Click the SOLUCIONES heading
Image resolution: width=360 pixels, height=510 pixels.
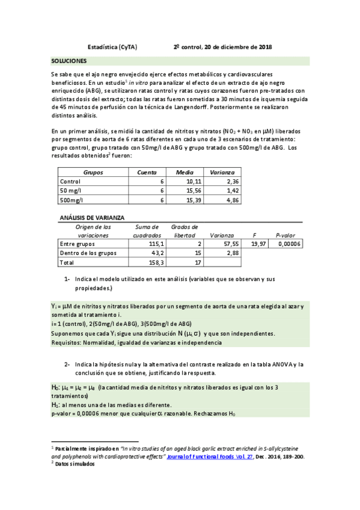[69, 61]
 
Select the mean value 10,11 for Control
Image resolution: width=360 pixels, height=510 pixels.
[193, 180]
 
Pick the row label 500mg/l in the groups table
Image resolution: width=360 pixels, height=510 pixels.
[72, 200]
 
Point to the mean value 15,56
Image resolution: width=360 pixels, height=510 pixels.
[193, 190]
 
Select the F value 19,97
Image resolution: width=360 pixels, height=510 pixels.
[259, 244]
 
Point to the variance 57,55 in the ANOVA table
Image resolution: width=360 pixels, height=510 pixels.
[231, 244]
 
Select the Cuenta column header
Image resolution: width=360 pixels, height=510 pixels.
[147, 171]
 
